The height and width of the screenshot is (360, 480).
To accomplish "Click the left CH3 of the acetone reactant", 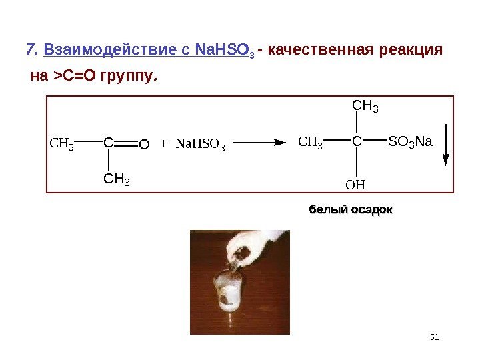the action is point(63,143).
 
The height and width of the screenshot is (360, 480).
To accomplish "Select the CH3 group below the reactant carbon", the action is point(116,179).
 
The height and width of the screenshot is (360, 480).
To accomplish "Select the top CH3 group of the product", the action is point(365,106).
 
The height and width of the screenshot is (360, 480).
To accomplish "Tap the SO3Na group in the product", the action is point(410,142).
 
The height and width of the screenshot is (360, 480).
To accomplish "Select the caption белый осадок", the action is point(350,210).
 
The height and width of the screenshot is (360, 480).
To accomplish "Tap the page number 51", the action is point(435,337).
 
